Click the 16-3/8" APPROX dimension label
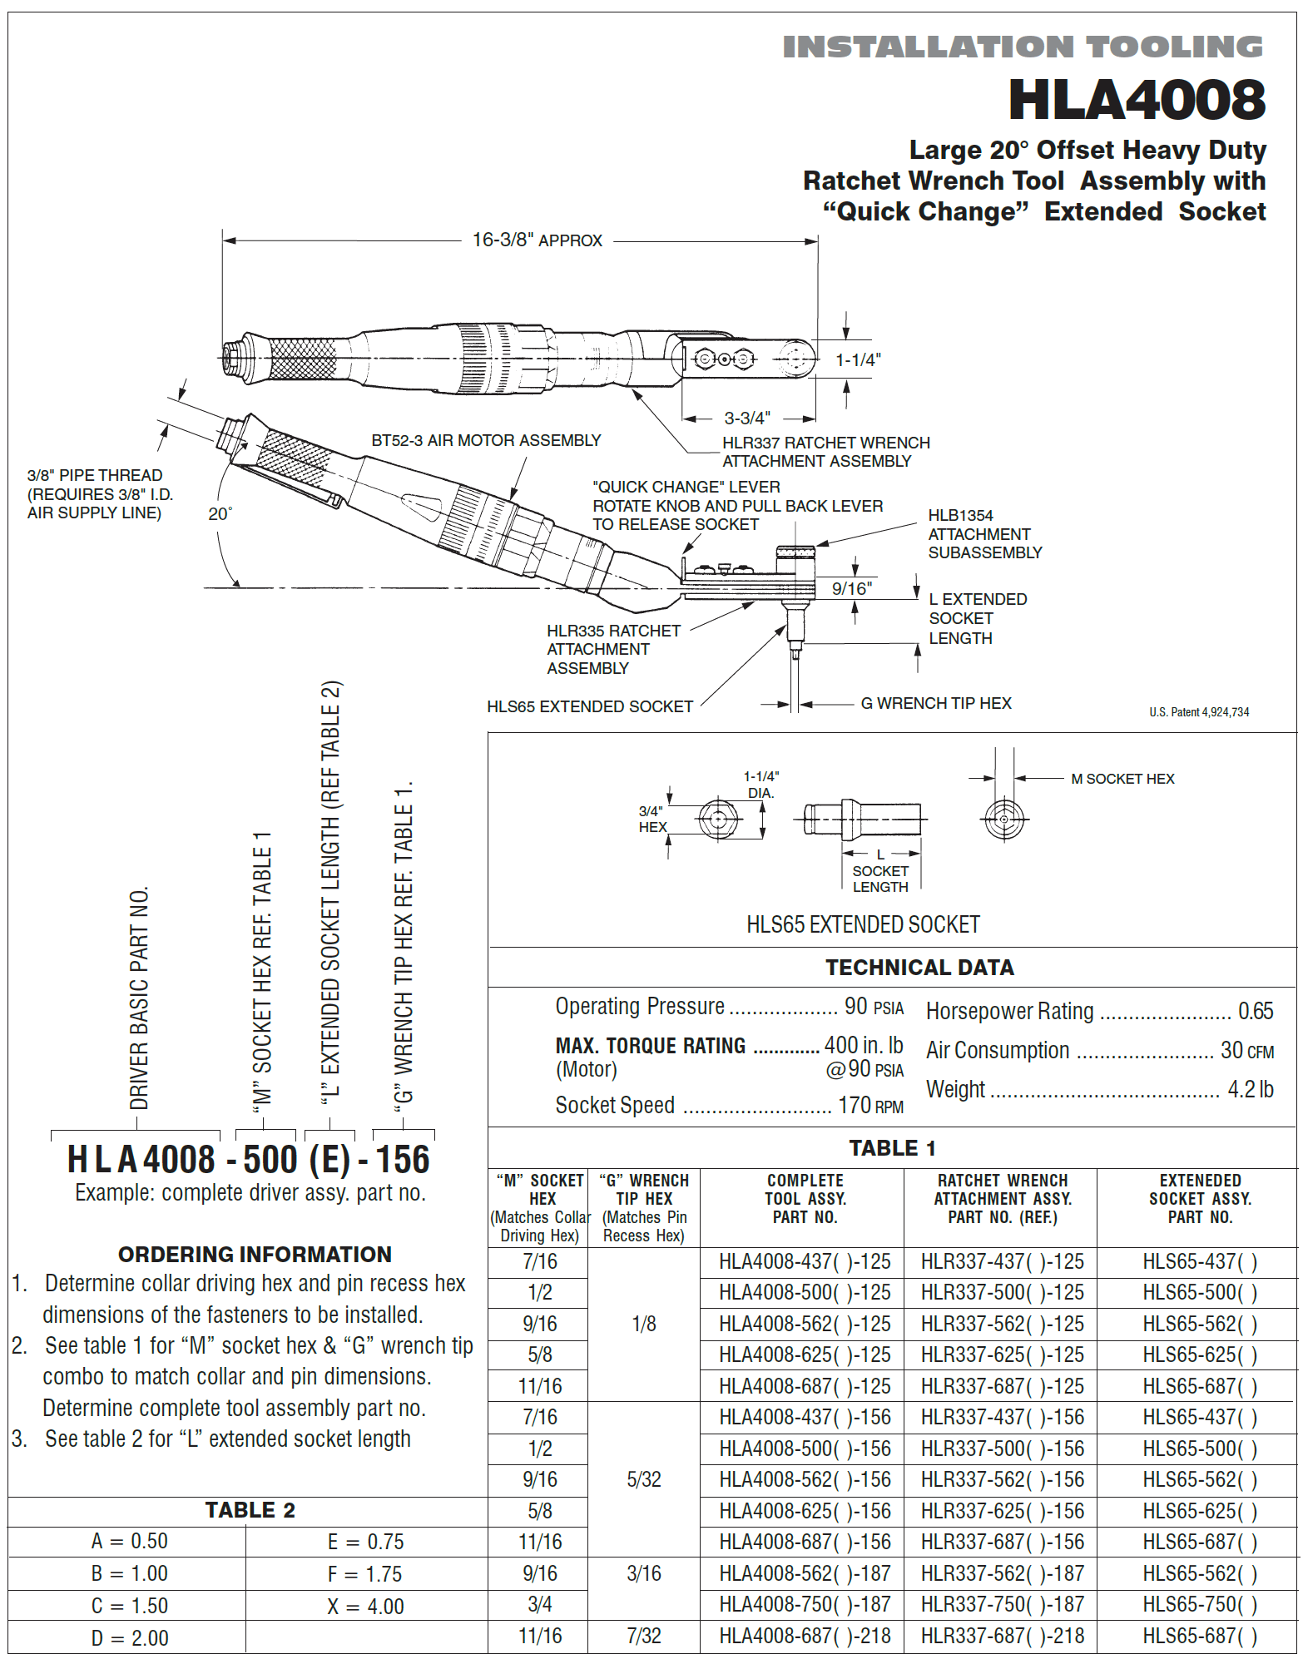537,240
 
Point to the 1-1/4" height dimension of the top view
858,359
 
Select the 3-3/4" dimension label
746,418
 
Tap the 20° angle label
220,514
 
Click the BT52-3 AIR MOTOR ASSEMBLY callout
486,440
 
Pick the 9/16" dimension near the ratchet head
852,589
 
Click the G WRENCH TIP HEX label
935,703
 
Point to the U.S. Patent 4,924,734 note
1198,712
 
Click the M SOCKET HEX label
1122,779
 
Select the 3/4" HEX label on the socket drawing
652,819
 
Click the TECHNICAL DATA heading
919,968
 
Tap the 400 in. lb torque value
863,1045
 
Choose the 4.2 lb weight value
1250,1089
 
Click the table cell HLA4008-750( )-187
804,1604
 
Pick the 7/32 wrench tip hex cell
643,1636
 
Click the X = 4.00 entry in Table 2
365,1607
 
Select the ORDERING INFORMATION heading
255,1254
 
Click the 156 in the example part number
403,1160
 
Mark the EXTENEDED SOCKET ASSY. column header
1199,1198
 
